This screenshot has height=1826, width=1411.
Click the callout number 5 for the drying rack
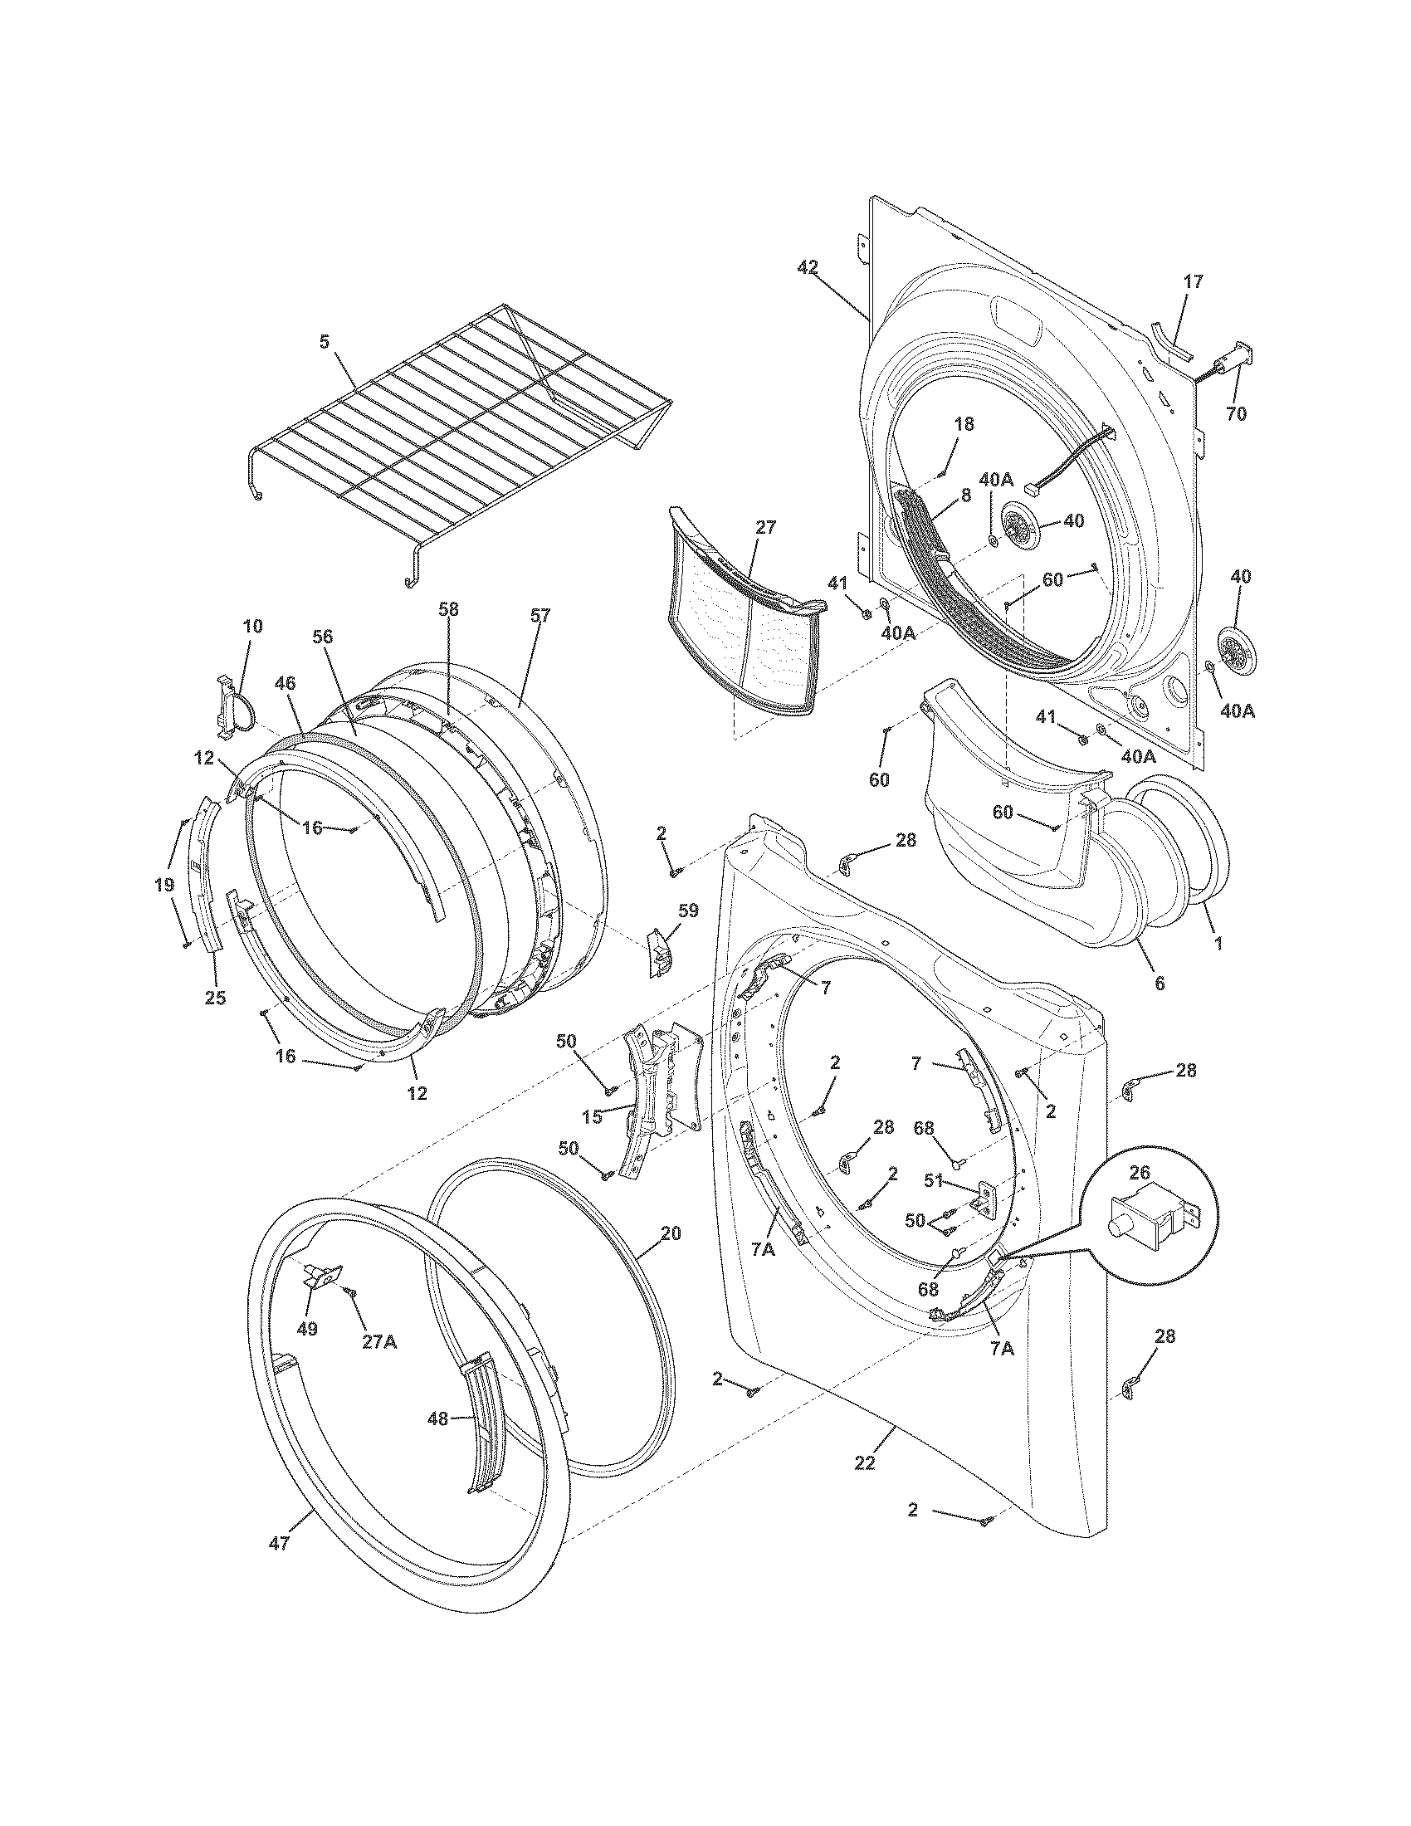click(x=324, y=341)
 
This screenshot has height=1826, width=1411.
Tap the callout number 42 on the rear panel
click(x=807, y=267)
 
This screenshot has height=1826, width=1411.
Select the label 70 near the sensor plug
click(x=1236, y=413)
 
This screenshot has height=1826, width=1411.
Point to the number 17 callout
click(x=1194, y=281)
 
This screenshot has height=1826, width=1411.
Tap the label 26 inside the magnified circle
click(x=1140, y=1173)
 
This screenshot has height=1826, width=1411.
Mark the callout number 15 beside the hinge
click(x=591, y=1117)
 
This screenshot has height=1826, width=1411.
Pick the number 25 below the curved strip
click(x=215, y=998)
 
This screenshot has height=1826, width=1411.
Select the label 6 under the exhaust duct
click(x=1159, y=984)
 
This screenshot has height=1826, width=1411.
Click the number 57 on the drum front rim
click(x=540, y=616)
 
